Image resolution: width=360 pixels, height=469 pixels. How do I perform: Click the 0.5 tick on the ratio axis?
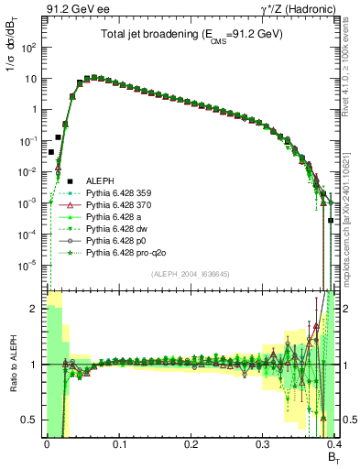click(30, 420)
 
